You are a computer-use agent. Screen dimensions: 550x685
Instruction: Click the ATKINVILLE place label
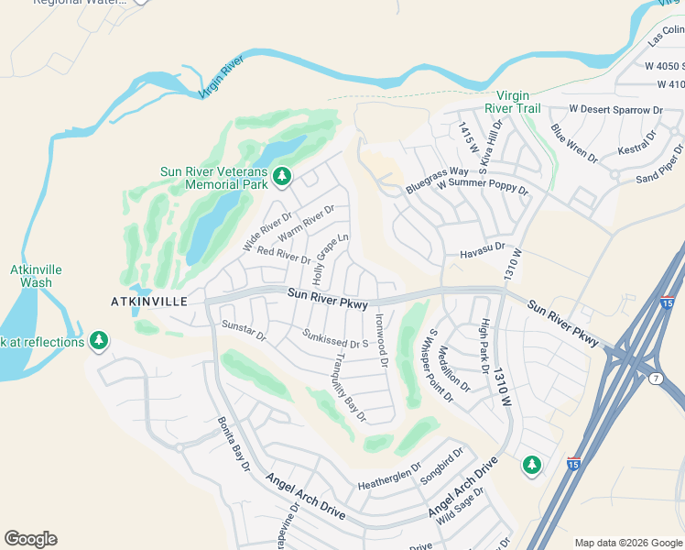pyautogui.click(x=148, y=301)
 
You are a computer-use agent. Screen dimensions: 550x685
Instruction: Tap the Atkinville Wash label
pyautogui.click(x=30, y=276)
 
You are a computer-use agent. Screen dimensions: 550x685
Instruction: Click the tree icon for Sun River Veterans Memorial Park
pyautogui.click(x=283, y=174)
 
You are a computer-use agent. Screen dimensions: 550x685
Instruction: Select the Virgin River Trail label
pyautogui.click(x=518, y=102)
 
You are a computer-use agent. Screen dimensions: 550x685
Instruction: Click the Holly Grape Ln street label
pyautogui.click(x=332, y=258)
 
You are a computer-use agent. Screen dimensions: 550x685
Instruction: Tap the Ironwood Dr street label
pyautogui.click(x=382, y=340)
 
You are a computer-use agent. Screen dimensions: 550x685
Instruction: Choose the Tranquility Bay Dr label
pyautogui.click(x=349, y=387)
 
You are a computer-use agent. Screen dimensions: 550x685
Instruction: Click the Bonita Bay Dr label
pyautogui.click(x=234, y=444)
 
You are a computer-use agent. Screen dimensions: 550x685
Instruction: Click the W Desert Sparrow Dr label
pyautogui.click(x=615, y=110)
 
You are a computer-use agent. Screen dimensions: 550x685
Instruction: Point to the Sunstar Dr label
pyautogui.click(x=244, y=331)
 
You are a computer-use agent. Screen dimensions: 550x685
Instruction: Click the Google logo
pyautogui.click(x=30, y=539)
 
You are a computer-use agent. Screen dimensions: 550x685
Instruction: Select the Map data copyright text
pyautogui.click(x=628, y=543)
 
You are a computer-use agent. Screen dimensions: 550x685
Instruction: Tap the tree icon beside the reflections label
pyautogui.click(x=99, y=342)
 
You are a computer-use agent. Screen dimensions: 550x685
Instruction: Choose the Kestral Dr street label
pyautogui.click(x=637, y=142)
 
